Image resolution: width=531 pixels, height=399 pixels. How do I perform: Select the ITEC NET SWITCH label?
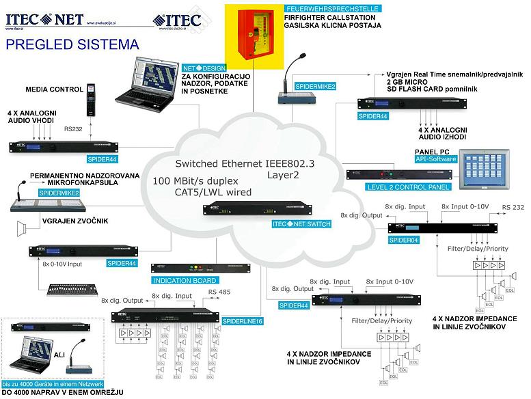point(301,224)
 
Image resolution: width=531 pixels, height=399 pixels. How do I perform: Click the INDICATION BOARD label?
point(185,280)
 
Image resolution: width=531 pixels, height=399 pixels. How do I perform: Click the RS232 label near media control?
point(73,128)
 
